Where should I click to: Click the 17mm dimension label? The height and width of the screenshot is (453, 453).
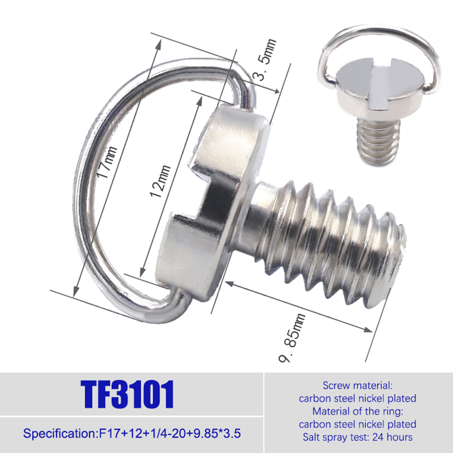pos(107,162)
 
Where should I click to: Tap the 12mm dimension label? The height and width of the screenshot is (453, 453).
pos(160,181)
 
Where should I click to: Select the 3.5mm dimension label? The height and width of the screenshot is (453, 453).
pos(265,59)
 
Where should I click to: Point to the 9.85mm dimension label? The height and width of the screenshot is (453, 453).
pos(292,337)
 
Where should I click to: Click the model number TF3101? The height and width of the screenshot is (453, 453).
pos(127,394)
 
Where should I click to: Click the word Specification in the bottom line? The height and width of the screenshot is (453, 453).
pos(60,433)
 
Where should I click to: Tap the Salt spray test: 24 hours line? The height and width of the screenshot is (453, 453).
pos(358,437)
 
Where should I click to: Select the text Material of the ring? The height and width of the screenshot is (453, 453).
pos(358,411)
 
